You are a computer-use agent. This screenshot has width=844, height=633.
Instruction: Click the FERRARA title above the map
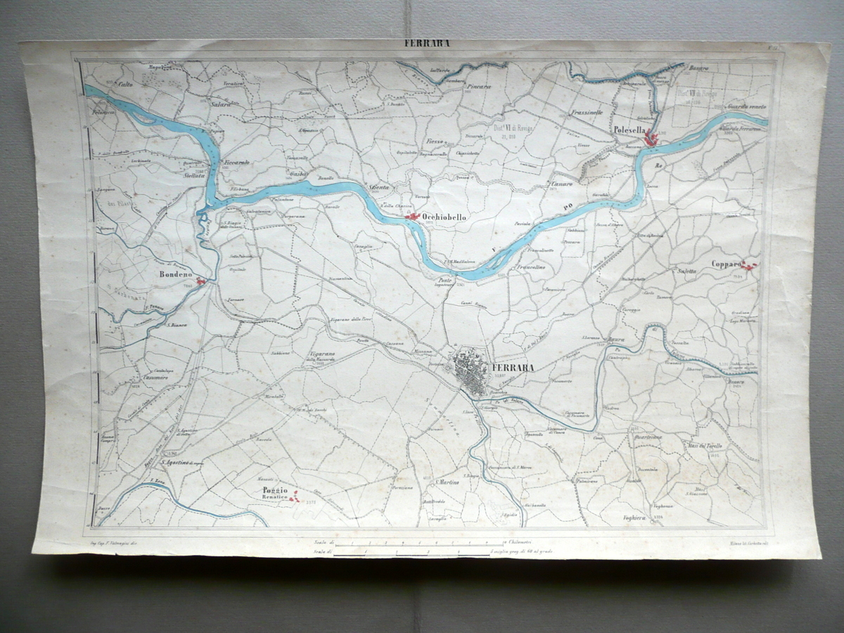coord(426,42)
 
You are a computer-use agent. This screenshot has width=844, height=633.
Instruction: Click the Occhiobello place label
coord(445,218)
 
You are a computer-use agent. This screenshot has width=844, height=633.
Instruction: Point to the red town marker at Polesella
coord(651,139)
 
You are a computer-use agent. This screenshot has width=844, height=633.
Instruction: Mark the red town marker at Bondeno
coord(201,281)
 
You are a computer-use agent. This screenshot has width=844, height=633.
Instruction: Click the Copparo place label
coord(726,264)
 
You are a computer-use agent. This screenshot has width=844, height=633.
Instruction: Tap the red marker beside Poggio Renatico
coord(295,497)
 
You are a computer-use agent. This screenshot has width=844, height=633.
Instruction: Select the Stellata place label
coord(194,177)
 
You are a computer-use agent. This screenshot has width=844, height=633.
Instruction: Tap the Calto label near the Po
coord(125,84)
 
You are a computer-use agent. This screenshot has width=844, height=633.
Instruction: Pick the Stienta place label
coord(379,188)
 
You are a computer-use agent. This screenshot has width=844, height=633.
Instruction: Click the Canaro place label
coord(561,184)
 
